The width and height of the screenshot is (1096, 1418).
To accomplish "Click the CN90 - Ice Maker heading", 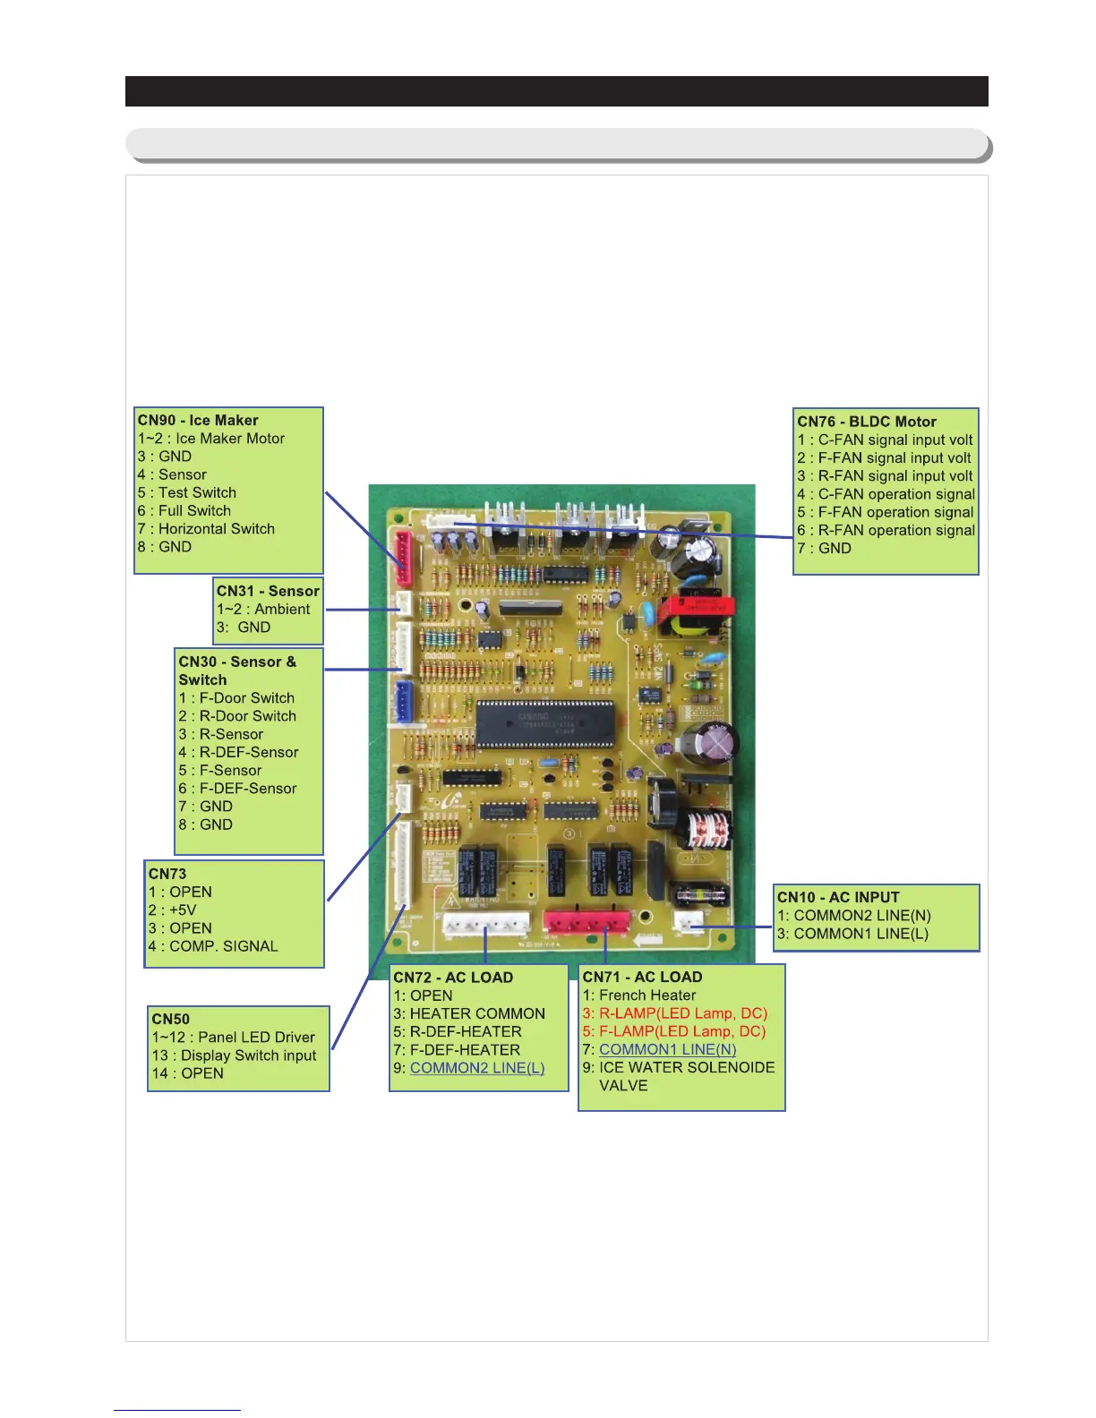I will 198,421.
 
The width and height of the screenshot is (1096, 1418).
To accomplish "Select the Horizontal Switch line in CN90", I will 216,529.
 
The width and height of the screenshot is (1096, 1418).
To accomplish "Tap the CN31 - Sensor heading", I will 268,591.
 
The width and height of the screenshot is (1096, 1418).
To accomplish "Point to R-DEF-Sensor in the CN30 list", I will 248,753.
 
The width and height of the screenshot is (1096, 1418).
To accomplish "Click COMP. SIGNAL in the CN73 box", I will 223,946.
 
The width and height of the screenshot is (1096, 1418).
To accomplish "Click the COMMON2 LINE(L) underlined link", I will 477,1068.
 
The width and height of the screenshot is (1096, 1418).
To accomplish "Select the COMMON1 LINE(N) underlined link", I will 667,1049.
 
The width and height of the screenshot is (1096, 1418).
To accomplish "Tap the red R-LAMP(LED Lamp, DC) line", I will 682,1013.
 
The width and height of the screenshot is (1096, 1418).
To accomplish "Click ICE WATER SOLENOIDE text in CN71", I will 686,1067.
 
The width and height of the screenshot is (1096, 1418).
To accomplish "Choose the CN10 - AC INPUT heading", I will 838,897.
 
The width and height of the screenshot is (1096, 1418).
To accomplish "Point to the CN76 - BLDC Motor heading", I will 867,422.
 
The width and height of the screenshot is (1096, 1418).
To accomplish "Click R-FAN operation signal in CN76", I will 895,530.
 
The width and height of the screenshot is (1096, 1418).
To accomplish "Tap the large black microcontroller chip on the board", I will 545,724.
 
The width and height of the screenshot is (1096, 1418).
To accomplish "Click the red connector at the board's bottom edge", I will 586,923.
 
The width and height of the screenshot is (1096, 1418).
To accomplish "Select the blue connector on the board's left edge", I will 403,701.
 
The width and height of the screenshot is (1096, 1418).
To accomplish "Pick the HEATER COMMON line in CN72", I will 476,1013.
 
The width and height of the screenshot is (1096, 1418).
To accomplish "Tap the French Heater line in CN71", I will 646,995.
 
